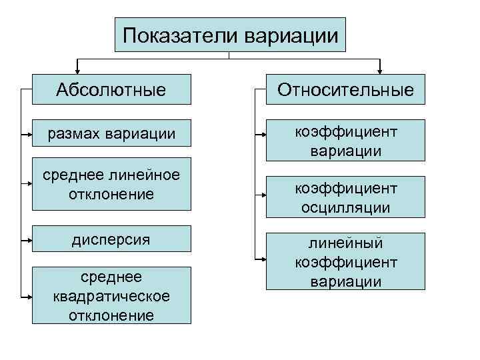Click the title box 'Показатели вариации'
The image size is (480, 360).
click(x=230, y=35)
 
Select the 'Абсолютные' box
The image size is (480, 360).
click(x=111, y=89)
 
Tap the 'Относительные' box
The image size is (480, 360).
click(x=345, y=89)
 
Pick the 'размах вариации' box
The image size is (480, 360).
click(x=111, y=134)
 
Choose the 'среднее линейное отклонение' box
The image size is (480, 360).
click(x=111, y=184)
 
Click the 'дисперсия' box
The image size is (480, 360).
click(x=111, y=239)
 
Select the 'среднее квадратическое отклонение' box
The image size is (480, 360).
click(x=111, y=295)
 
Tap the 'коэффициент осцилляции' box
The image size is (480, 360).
click(x=345, y=198)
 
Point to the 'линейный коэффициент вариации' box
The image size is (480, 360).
click(x=345, y=262)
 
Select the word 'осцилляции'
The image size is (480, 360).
click(x=345, y=208)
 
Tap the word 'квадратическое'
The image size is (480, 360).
click(x=111, y=295)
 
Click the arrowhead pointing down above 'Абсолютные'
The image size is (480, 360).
click(x=79, y=69)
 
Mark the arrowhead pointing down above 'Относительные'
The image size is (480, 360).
click(x=380, y=69)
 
